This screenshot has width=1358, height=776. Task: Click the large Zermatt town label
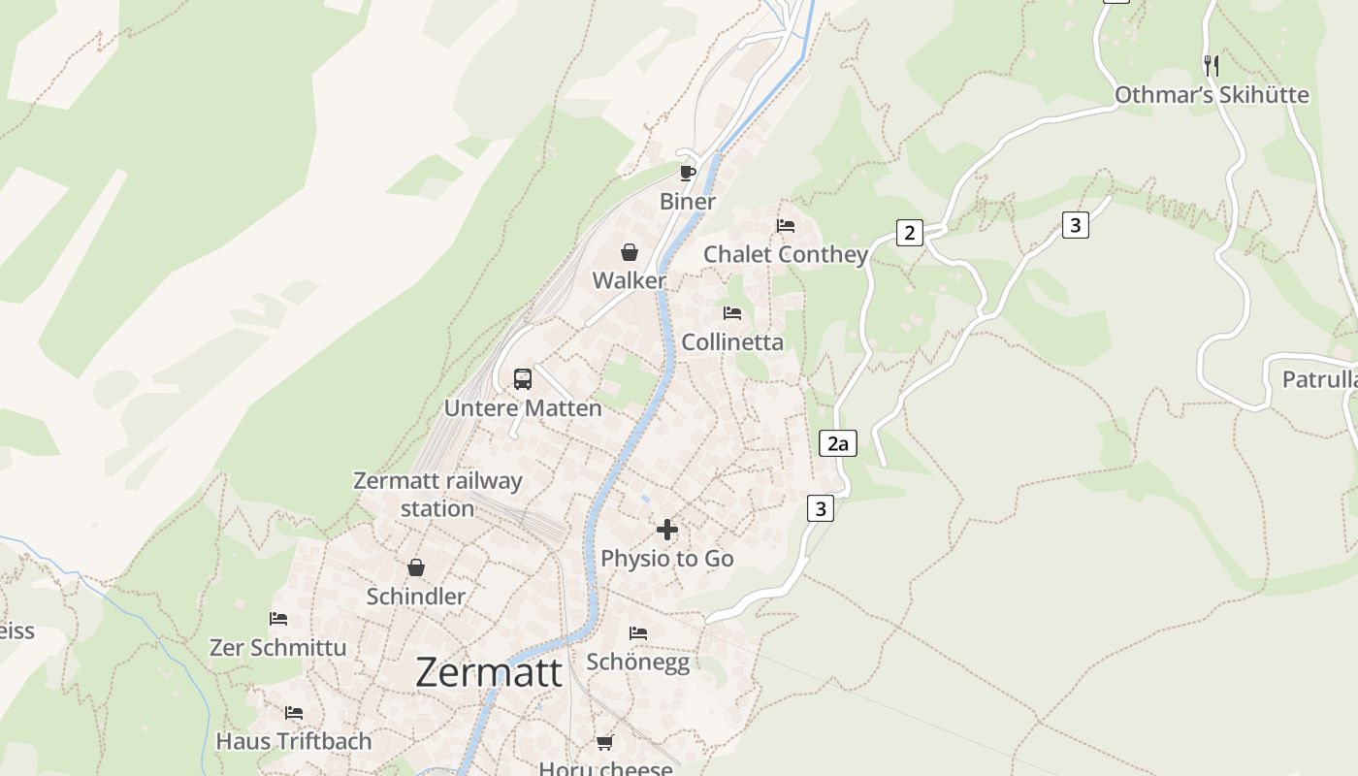[489, 672]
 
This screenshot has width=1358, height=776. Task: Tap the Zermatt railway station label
[437, 494]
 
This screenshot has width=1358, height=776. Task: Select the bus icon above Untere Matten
[523, 379]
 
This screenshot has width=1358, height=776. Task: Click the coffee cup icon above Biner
[688, 174]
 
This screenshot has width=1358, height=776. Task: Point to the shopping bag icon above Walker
[630, 253]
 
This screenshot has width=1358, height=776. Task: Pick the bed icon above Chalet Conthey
[786, 226]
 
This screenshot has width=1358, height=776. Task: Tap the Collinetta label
[732, 342]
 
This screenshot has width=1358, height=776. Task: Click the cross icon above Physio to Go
[667, 530]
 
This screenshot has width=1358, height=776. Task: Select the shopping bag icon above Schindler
[416, 567]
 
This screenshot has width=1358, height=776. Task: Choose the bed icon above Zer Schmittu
[278, 618]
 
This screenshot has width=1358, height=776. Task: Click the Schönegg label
[638, 662]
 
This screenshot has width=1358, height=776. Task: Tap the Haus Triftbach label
[294, 741]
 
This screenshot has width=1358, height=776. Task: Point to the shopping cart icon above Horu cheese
[605, 742]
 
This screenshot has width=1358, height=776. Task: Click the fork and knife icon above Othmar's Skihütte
[1211, 65]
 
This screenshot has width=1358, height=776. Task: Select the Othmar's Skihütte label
[1212, 95]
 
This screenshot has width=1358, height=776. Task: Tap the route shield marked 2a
[838, 444]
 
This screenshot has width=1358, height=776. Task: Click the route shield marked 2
[909, 233]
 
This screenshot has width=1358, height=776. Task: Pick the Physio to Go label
[667, 559]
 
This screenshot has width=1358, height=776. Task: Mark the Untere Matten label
[523, 408]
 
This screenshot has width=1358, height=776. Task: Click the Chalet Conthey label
[786, 255]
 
